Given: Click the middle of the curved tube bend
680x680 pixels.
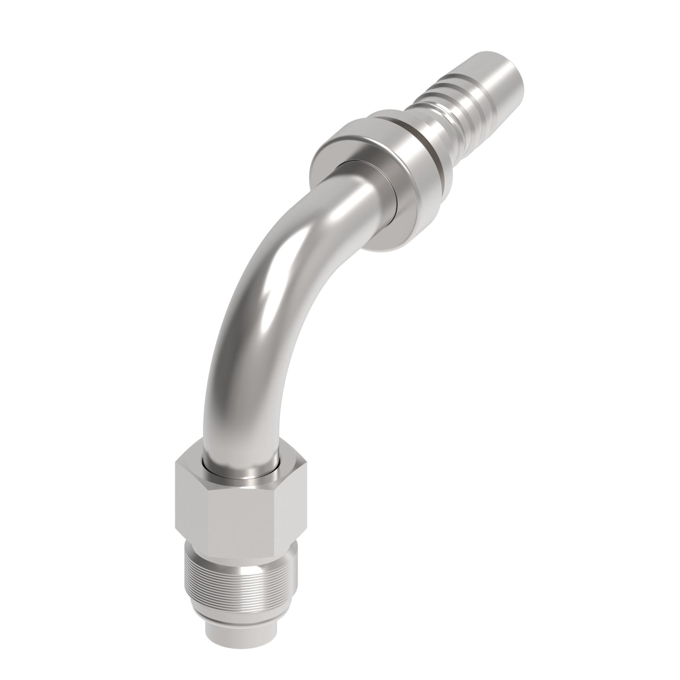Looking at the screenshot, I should [x=269, y=301].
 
